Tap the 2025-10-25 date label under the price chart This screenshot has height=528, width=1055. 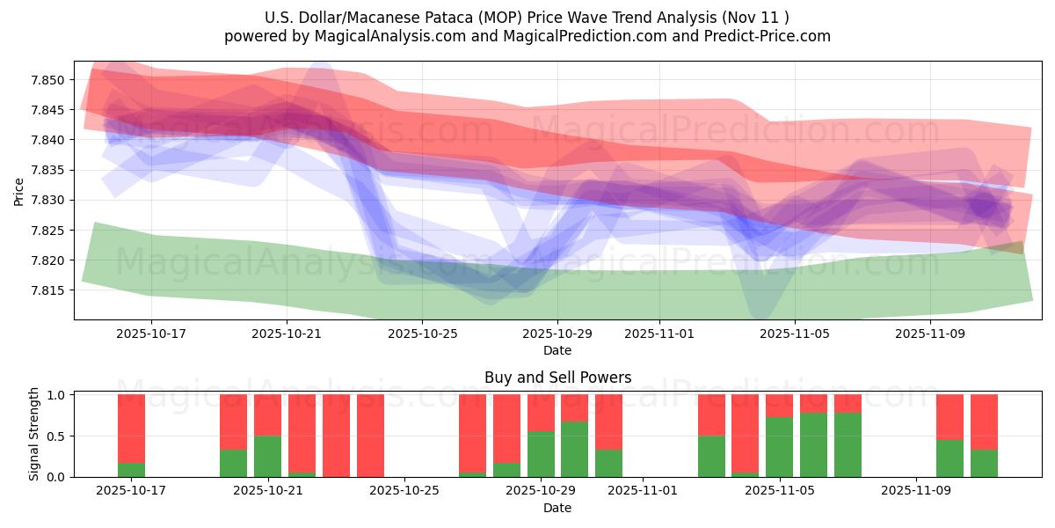pos(422,334)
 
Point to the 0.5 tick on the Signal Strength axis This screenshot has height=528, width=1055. pos(57,436)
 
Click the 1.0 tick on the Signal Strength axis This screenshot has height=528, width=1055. pos(57,395)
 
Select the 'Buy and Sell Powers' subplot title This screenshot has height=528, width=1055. pos(557,378)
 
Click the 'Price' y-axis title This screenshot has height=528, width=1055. pos(19,191)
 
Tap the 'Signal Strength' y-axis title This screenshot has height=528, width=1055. pos(33,434)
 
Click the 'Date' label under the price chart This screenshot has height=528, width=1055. pos(557,350)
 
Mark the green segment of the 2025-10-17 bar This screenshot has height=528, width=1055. pos(131,470)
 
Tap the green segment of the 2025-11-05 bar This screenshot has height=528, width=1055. pos(779,447)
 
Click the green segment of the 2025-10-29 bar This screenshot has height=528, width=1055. pos(541,454)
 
